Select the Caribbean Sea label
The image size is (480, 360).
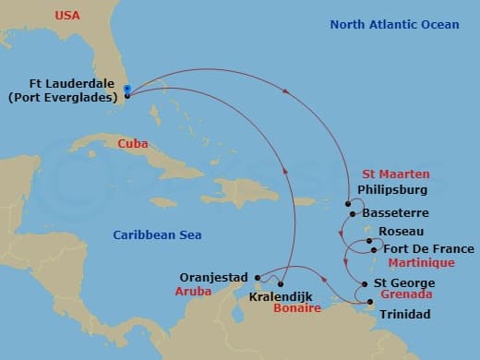[153, 235]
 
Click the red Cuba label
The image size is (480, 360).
[134, 144]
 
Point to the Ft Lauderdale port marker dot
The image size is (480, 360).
[127, 90]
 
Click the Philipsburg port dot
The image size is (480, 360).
[348, 204]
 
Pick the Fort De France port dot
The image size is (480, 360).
[373, 248]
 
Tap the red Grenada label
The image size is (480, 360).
[407, 295]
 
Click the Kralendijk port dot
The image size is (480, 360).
[281, 282]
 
